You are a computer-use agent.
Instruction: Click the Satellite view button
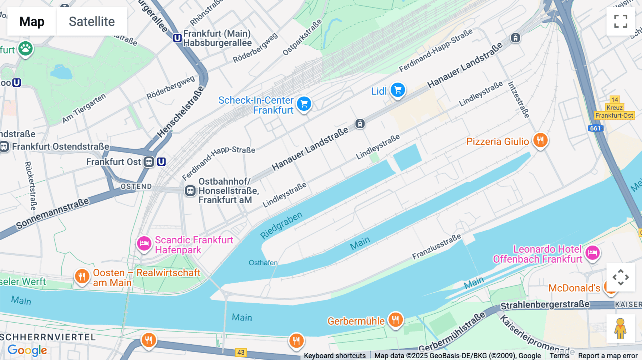click(x=92, y=21)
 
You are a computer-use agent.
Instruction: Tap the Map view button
click(x=32, y=21)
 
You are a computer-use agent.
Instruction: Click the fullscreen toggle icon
click(x=621, y=21)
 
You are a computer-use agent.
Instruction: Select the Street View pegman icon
click(x=620, y=328)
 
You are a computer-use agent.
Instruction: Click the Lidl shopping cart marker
click(x=398, y=90)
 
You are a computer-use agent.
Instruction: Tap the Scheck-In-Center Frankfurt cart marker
click(x=304, y=104)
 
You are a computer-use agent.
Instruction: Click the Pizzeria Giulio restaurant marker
click(x=540, y=140)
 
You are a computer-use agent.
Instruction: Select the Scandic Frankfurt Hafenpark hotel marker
click(x=144, y=243)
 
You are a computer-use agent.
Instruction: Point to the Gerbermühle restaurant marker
click(x=395, y=320)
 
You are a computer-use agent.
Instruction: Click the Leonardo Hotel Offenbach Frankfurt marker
click(x=592, y=253)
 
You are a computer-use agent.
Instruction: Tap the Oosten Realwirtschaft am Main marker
click(x=82, y=276)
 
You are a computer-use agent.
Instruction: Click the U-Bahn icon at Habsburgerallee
click(x=177, y=38)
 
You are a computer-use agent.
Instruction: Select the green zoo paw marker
click(x=25, y=48)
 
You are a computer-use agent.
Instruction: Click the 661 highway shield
click(x=595, y=128)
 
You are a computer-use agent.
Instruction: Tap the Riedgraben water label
click(x=281, y=225)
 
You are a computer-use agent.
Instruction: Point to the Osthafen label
click(x=263, y=263)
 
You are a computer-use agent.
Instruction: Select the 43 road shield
click(x=241, y=353)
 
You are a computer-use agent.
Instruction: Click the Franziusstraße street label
click(x=437, y=246)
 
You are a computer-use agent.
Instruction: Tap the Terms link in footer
click(x=559, y=356)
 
